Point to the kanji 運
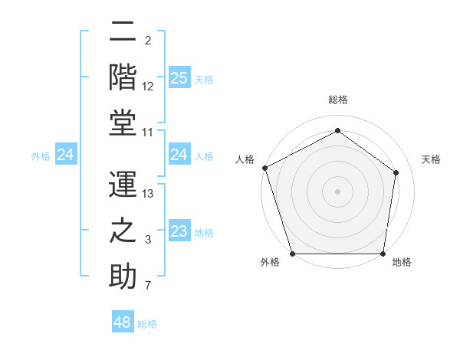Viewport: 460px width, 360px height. coord(122,184)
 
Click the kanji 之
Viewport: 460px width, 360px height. coord(122,231)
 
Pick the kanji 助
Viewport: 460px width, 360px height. coord(122,277)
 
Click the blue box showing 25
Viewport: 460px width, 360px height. coord(179,77)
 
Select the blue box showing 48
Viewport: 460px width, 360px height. coord(123,322)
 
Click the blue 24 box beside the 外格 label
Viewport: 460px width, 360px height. coord(66,155)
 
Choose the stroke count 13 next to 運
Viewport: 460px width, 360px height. coord(148,194)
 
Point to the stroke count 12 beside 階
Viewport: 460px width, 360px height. coord(148,87)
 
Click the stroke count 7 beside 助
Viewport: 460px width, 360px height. coord(148,286)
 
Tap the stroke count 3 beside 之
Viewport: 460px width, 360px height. coord(148,241)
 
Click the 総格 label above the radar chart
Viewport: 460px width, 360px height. coord(337,100)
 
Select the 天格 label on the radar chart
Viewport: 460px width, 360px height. coord(431,159)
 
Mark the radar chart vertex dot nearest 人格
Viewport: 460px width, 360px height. coord(264,168)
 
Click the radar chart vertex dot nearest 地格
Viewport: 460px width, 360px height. coord(383,254)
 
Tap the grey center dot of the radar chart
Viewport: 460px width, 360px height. coord(337,191)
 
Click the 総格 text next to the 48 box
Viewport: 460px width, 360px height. coord(147,324)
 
